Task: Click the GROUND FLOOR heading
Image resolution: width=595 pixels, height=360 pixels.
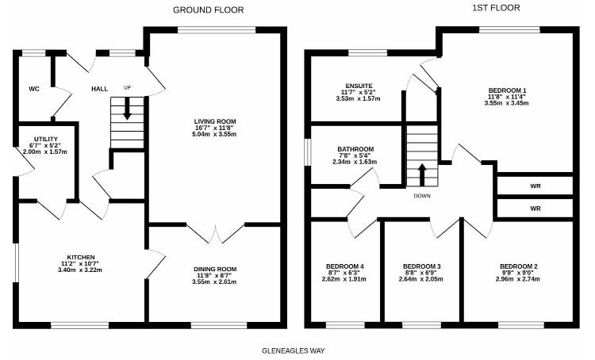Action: pyautogui.click(x=209, y=10)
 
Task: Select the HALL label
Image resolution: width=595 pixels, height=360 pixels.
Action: pyautogui.click(x=99, y=88)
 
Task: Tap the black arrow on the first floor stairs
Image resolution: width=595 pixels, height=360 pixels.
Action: pyautogui.click(x=422, y=172)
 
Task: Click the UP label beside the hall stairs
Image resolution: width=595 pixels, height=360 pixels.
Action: pyautogui.click(x=127, y=88)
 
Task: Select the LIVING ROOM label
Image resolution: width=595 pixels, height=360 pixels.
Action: pyautogui.click(x=215, y=121)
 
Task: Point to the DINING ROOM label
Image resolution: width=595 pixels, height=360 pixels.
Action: pyautogui.click(x=215, y=269)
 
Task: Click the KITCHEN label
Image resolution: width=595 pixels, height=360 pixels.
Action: pyautogui.click(x=81, y=257)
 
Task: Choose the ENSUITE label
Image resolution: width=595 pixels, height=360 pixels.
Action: pyautogui.click(x=359, y=85)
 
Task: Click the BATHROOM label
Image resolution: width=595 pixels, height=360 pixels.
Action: pyautogui.click(x=355, y=147)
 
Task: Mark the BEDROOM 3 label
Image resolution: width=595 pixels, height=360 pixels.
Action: pyautogui.click(x=422, y=266)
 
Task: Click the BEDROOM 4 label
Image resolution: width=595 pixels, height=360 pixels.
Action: pyautogui.click(x=344, y=266)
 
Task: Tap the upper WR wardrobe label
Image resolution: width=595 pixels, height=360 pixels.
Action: pyautogui.click(x=535, y=186)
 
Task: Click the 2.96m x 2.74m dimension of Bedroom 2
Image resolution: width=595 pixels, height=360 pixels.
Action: pyautogui.click(x=520, y=279)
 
